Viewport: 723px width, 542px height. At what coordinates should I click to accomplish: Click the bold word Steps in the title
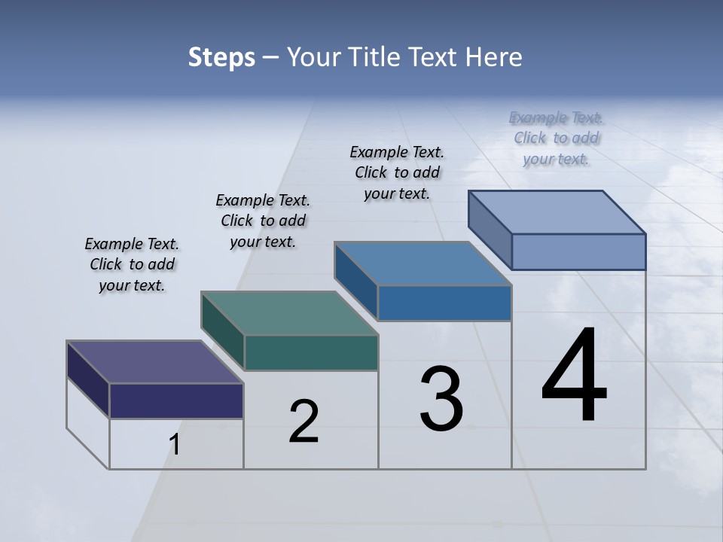221,57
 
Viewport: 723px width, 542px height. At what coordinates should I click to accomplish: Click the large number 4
575,376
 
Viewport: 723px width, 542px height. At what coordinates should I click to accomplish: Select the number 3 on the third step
441,399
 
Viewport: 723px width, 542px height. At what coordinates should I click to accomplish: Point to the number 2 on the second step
304,422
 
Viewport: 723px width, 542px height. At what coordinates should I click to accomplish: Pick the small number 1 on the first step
175,445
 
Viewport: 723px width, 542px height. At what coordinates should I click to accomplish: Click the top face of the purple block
155,362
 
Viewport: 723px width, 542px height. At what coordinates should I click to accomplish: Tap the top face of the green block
289,313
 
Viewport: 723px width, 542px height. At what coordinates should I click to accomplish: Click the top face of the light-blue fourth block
557,212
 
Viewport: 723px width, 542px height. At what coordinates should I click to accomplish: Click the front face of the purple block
176,400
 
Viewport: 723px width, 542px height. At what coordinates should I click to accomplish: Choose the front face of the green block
311,352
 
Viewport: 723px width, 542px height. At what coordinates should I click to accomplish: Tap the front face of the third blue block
444,303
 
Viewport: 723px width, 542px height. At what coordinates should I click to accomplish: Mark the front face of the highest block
578,251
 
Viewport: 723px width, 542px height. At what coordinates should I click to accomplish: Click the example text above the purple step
132,265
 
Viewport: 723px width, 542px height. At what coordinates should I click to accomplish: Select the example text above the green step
263,221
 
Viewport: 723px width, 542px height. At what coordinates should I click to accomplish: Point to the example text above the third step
397,172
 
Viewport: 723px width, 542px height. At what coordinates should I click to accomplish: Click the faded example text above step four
557,138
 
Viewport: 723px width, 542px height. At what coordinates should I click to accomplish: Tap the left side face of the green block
223,331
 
